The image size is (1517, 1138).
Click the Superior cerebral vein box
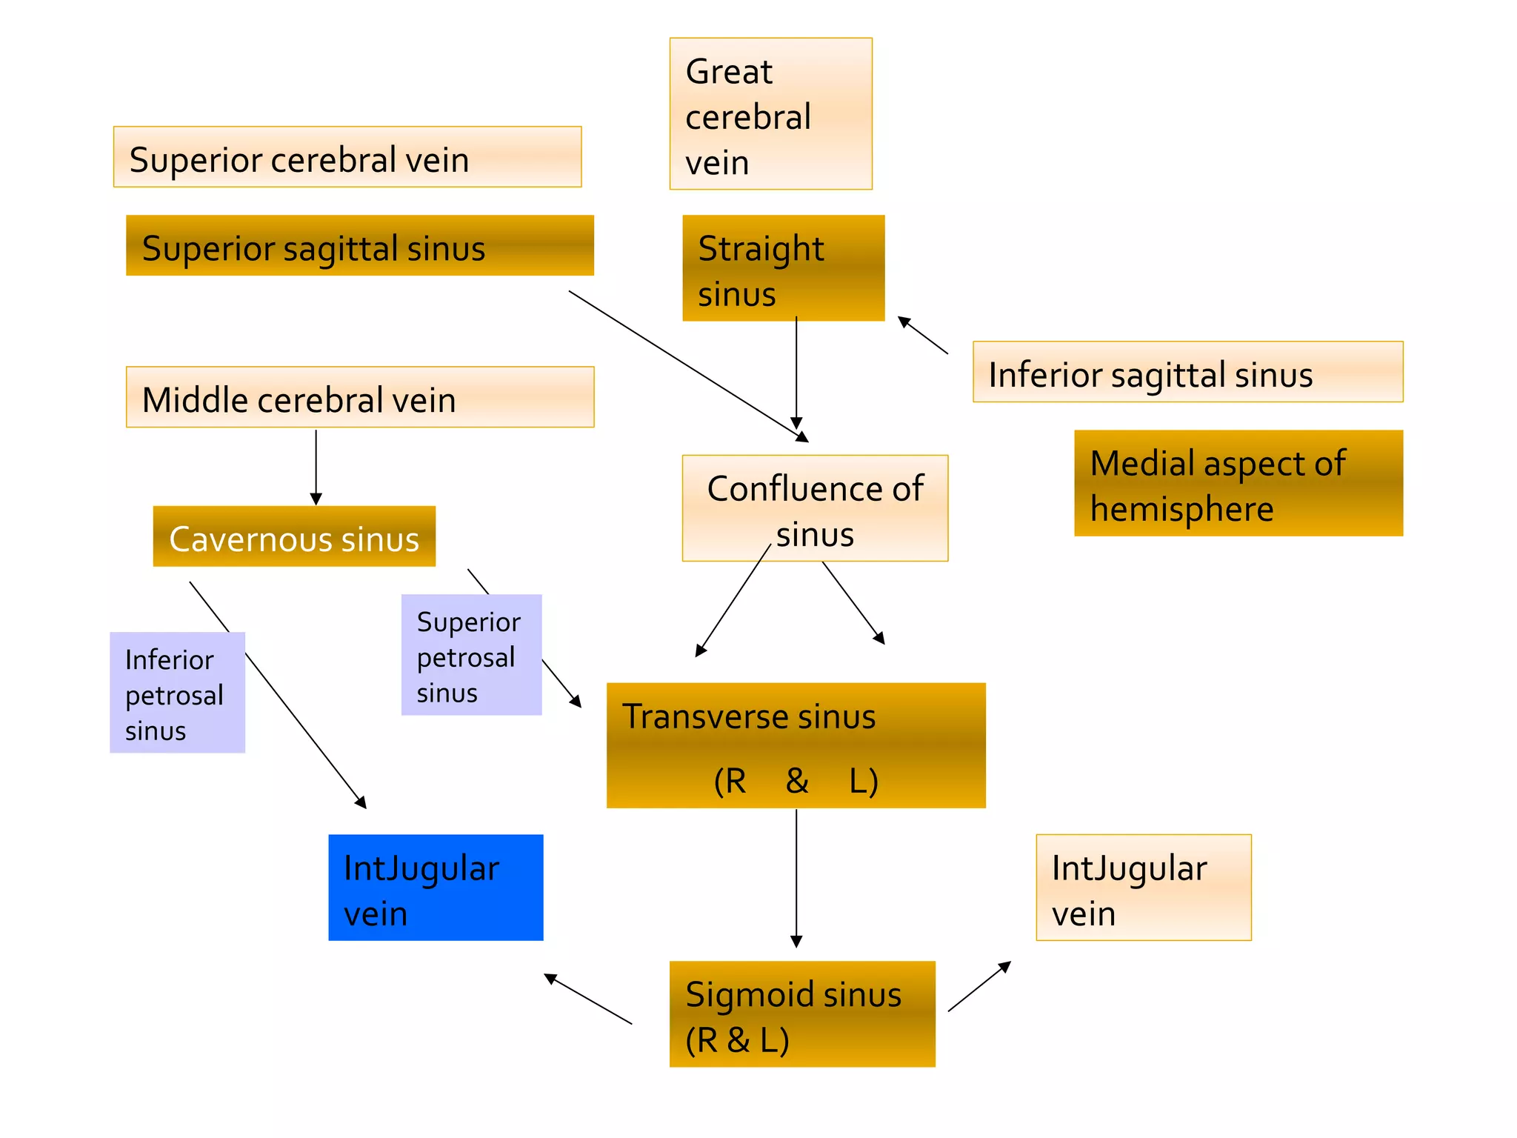pyautogui.click(x=347, y=157)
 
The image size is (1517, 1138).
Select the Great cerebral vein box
pyautogui.click(x=770, y=114)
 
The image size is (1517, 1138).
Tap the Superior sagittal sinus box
pyautogui.click(x=359, y=246)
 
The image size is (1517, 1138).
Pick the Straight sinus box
pyautogui.click(x=783, y=268)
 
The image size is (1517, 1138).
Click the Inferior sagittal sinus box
pyautogui.click(x=1187, y=372)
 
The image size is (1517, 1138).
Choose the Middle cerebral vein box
pyautogui.click(x=359, y=397)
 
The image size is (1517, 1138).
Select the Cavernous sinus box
pyautogui.click(x=294, y=536)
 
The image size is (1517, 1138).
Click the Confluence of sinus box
pyautogui.click(x=815, y=508)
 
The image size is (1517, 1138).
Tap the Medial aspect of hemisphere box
pyautogui.click(x=1238, y=483)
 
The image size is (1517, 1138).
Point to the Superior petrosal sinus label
pyautogui.click(x=471, y=655)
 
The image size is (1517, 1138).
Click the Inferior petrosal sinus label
pyautogui.click(x=177, y=693)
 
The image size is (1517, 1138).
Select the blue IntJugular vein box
pyautogui.click(x=436, y=888)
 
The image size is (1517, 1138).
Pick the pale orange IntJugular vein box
pyautogui.click(x=1143, y=888)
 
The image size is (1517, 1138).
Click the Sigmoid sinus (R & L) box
pyautogui.click(x=802, y=1014)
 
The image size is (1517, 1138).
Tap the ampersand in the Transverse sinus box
pyautogui.click(x=797, y=780)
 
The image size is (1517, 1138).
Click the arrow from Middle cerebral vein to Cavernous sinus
pyautogui.click(x=316, y=467)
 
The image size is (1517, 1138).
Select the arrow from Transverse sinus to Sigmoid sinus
pyautogui.click(x=796, y=878)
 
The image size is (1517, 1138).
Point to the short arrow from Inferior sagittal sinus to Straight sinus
pyautogui.click(x=922, y=335)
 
